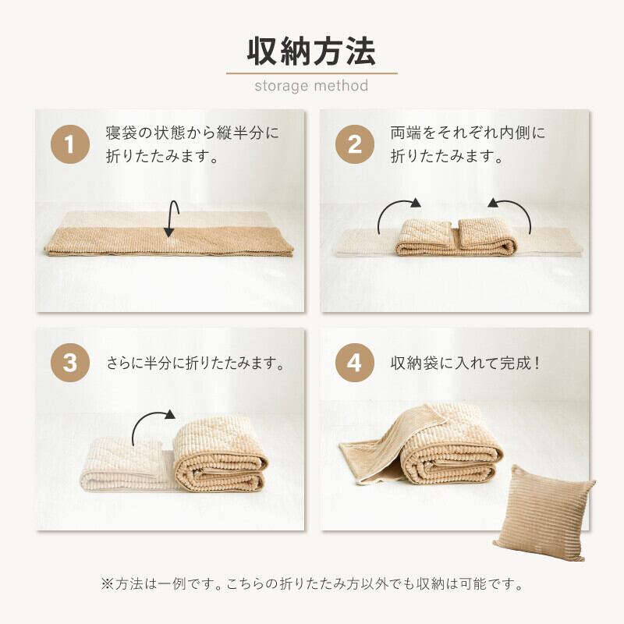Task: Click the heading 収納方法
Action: coord(311,51)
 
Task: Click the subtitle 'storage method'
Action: coord(311,86)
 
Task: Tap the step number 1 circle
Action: coord(70,144)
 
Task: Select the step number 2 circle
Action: coord(355,144)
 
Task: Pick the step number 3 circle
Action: coord(70,363)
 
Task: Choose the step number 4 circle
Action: coord(355,363)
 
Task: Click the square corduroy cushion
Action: coord(544,513)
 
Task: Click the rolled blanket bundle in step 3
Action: coord(221,454)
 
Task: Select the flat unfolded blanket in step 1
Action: coord(168,234)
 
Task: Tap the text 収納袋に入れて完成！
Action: coord(464,363)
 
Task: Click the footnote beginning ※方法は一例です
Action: coord(311,583)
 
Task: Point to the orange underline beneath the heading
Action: coord(311,73)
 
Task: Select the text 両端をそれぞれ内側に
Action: coord(468,133)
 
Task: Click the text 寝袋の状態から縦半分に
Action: coord(193,133)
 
